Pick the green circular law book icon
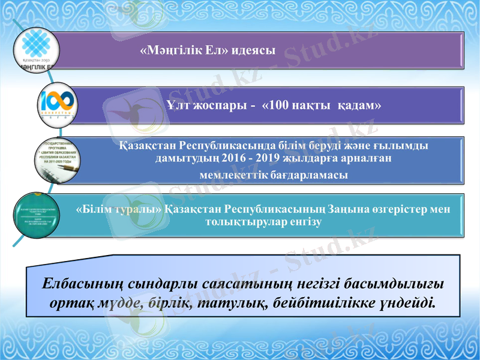coord(37,215)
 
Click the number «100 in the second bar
coord(280,105)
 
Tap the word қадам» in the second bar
coord(360,105)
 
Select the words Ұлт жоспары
coord(203,105)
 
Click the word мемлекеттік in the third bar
coord(232,174)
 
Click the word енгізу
coord(305,222)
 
